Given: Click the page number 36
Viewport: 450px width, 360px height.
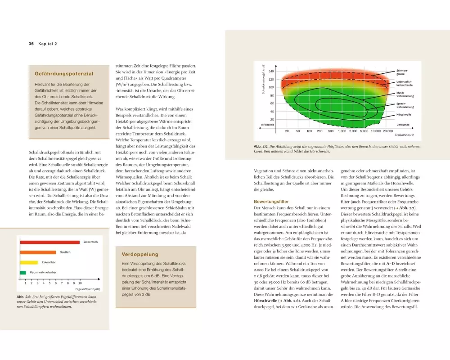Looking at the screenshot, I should coord(31,44).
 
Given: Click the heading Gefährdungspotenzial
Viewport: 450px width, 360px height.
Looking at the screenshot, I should coord(64,73).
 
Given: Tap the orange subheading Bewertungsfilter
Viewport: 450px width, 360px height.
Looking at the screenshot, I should coord(271,202).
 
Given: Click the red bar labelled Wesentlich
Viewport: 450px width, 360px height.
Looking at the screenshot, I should coord(49,243).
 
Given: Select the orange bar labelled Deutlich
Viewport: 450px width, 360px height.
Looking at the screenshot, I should coord(37,252).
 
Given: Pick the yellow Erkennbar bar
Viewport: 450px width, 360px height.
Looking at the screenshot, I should coord(29,262).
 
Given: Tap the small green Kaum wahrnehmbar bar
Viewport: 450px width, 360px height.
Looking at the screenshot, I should coord(23,272).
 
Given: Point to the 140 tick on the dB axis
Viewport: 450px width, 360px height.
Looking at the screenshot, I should coord(271,72).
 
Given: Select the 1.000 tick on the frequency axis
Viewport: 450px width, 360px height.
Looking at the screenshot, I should coord(342,131).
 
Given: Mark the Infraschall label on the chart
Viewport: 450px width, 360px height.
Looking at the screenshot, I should coord(268,124).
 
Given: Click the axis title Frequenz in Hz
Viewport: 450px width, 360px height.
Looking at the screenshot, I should coord(404,135).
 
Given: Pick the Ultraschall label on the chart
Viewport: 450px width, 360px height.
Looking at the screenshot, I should coord(403,124).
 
